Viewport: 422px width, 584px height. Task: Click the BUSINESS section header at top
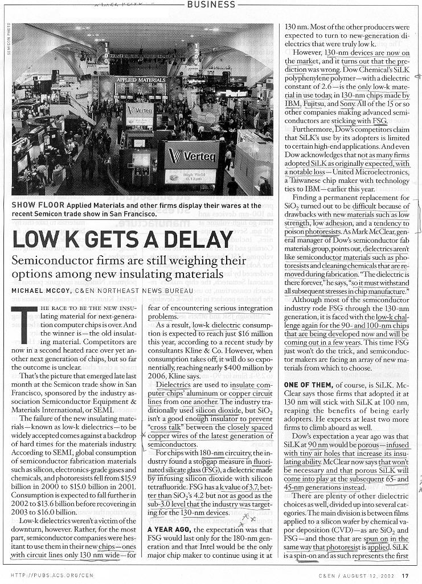pyautogui.click(x=211, y=5)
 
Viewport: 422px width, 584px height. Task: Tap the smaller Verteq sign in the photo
pyautogui.click(x=140, y=110)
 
